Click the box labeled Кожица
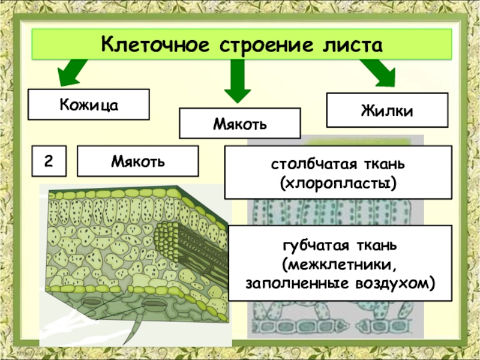tap(89, 104)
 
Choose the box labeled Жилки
tap(387, 110)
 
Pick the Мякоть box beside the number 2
tap(138, 161)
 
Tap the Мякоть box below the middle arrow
tap(240, 124)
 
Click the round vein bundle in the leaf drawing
tap(170, 237)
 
